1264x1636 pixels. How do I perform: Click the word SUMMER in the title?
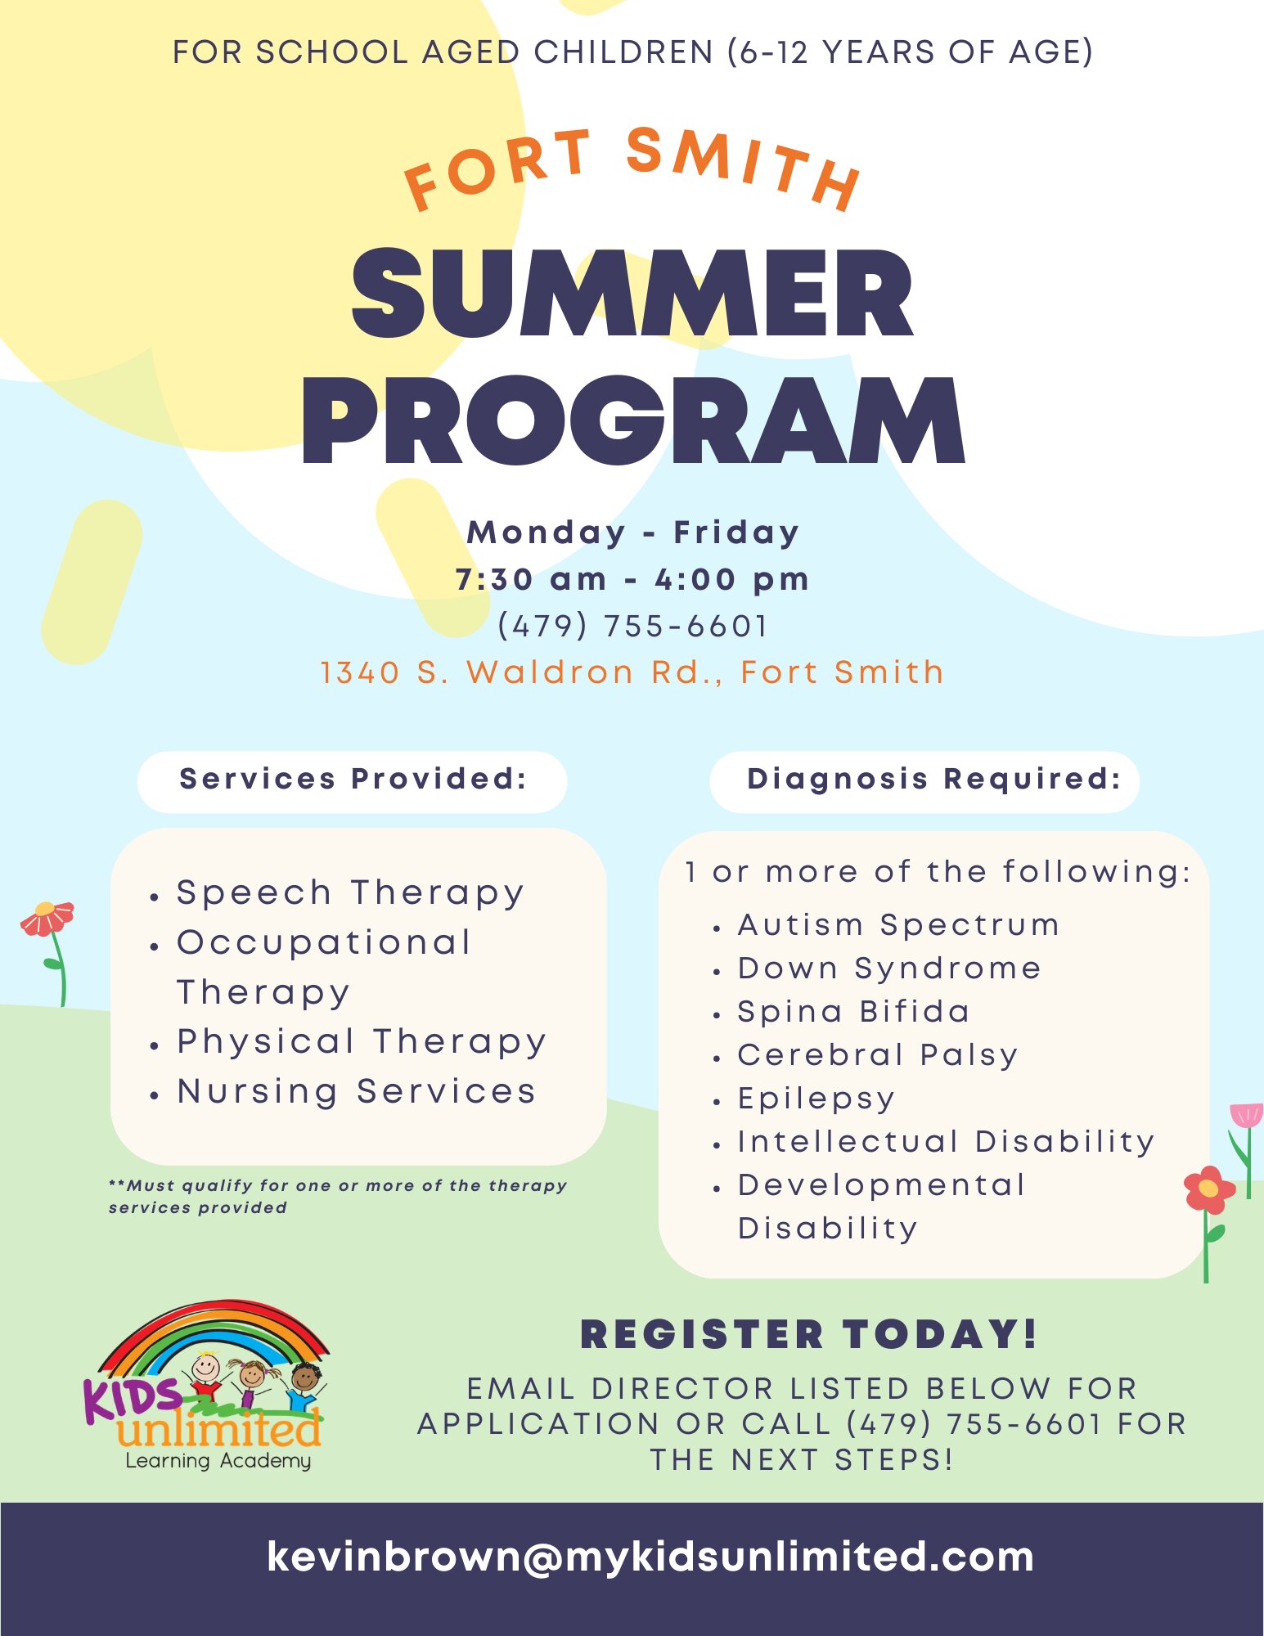tap(632, 293)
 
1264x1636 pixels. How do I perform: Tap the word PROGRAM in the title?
tap(634, 420)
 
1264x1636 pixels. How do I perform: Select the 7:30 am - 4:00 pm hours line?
tap(632, 579)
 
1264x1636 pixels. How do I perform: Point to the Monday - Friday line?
tap(632, 533)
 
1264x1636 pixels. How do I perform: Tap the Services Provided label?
tap(353, 779)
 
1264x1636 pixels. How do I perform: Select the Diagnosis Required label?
tap(933, 779)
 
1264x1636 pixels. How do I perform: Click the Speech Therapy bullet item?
tap(350, 893)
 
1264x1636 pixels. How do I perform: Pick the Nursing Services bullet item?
tap(357, 1092)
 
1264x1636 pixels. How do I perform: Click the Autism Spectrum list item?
tap(898, 926)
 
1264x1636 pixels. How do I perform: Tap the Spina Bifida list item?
tap(853, 1012)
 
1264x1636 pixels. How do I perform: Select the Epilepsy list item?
tap(816, 1099)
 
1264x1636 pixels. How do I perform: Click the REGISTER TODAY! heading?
tap(809, 1334)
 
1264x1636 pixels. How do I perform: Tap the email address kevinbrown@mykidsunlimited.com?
tap(650, 1557)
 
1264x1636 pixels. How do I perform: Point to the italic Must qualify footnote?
tap(338, 1196)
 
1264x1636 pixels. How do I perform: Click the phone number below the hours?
tap(632, 627)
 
